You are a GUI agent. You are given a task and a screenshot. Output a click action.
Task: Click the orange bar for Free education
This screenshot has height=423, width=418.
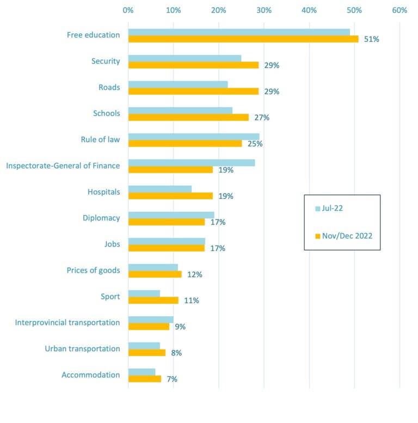(243, 39)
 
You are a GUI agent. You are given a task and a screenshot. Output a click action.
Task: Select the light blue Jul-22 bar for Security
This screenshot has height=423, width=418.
(185, 58)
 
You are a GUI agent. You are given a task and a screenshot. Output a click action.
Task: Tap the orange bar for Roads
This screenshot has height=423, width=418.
(193, 91)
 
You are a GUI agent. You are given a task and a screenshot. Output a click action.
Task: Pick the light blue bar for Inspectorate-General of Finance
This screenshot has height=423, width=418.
(192, 163)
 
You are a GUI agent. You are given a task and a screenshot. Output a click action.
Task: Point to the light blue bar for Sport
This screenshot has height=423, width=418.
(144, 293)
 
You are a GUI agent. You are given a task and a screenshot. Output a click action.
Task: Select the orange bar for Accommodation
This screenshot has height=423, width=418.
(145, 379)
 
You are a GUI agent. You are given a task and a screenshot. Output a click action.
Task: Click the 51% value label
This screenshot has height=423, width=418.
(372, 39)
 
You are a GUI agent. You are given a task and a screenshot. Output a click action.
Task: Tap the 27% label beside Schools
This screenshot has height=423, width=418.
(262, 118)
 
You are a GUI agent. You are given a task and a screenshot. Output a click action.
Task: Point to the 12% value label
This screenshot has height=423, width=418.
(194, 274)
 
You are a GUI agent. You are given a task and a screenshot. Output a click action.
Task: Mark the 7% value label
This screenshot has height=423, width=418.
(172, 379)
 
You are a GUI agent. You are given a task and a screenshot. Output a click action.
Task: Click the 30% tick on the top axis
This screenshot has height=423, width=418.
(264, 10)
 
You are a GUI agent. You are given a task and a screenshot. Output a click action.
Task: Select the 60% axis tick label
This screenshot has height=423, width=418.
(399, 10)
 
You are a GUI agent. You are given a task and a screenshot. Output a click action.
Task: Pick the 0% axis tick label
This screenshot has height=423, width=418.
(128, 10)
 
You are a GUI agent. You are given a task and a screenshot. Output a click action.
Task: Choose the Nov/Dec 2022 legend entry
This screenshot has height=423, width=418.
(342, 236)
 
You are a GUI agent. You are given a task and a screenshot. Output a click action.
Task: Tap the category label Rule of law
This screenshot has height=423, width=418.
(100, 140)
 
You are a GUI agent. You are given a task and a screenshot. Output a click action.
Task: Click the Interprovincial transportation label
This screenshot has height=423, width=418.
(67, 322)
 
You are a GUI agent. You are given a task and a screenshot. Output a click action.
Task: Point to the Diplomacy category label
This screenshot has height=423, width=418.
(101, 218)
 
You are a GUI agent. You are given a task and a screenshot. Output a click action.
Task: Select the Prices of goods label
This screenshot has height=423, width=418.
(93, 270)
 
